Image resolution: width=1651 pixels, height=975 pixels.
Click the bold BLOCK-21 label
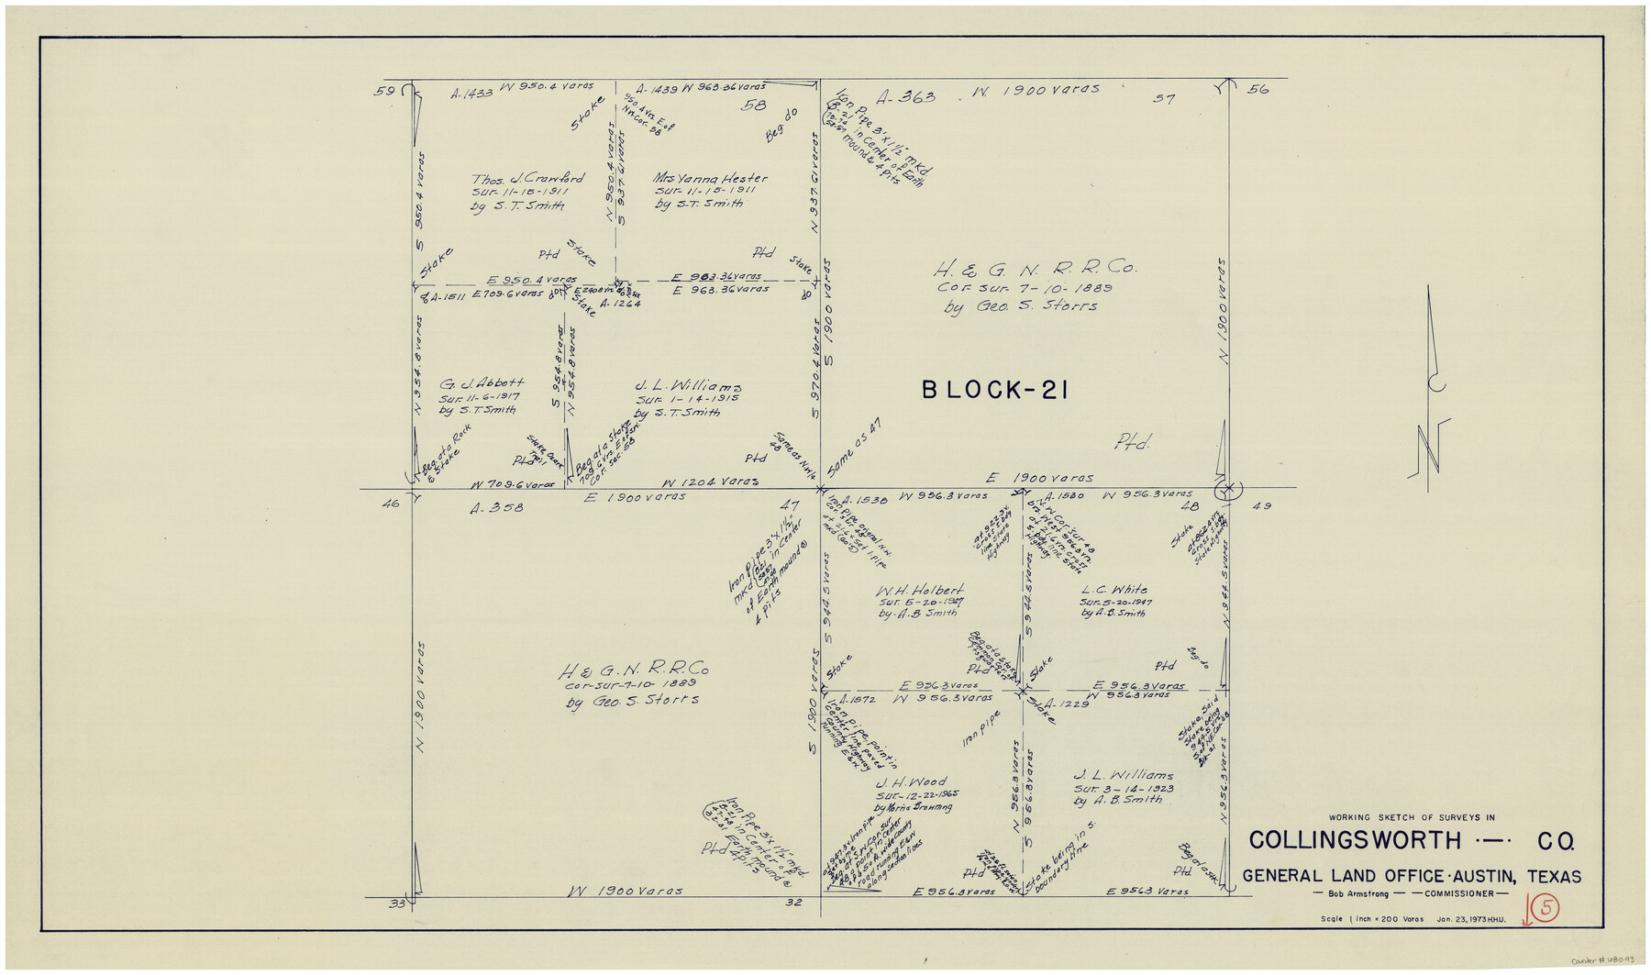click(994, 391)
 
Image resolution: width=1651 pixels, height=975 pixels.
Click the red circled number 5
click(1547, 908)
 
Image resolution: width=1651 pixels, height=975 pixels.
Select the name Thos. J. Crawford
click(526, 179)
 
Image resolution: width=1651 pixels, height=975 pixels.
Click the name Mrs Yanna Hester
click(710, 178)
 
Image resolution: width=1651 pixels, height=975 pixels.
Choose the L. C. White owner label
click(1114, 590)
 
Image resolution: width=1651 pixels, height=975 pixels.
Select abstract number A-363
click(904, 97)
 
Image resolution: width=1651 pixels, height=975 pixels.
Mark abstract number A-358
click(496, 506)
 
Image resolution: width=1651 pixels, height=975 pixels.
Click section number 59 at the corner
click(384, 91)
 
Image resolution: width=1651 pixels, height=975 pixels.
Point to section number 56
click(1258, 89)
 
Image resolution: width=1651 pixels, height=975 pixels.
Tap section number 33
click(396, 903)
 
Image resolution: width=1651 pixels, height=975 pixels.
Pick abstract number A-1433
click(471, 93)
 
